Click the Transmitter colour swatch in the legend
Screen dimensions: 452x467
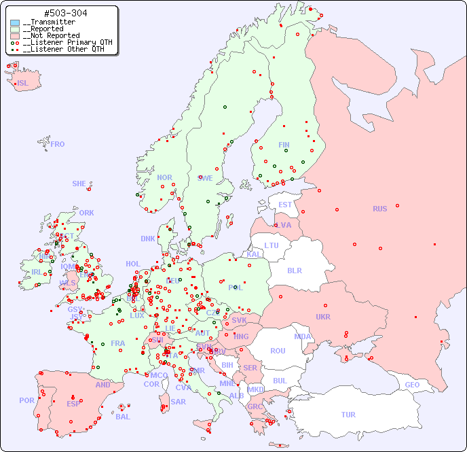tap(15, 22)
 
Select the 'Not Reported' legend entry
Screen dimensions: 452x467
tap(51, 35)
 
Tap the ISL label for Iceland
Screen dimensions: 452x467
tap(23, 84)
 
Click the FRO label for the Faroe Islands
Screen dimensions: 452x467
tap(58, 144)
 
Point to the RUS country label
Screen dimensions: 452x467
tap(379, 209)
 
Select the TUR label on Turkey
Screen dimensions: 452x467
tap(348, 415)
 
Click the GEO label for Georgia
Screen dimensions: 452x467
tap(412, 385)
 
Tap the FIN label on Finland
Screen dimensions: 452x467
tap(284, 145)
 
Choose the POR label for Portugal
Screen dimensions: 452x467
tap(26, 400)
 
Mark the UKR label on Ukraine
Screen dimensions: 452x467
tap(323, 317)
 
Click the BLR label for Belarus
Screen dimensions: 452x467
tap(294, 270)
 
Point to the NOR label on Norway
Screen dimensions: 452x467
tap(164, 177)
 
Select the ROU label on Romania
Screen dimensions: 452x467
tap(278, 351)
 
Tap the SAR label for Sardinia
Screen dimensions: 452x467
tap(178, 402)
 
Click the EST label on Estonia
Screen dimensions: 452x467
tap(285, 205)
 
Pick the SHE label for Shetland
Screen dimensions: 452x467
tap(79, 184)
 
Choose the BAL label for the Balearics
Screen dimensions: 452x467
tap(123, 417)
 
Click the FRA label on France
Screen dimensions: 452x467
tap(118, 343)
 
